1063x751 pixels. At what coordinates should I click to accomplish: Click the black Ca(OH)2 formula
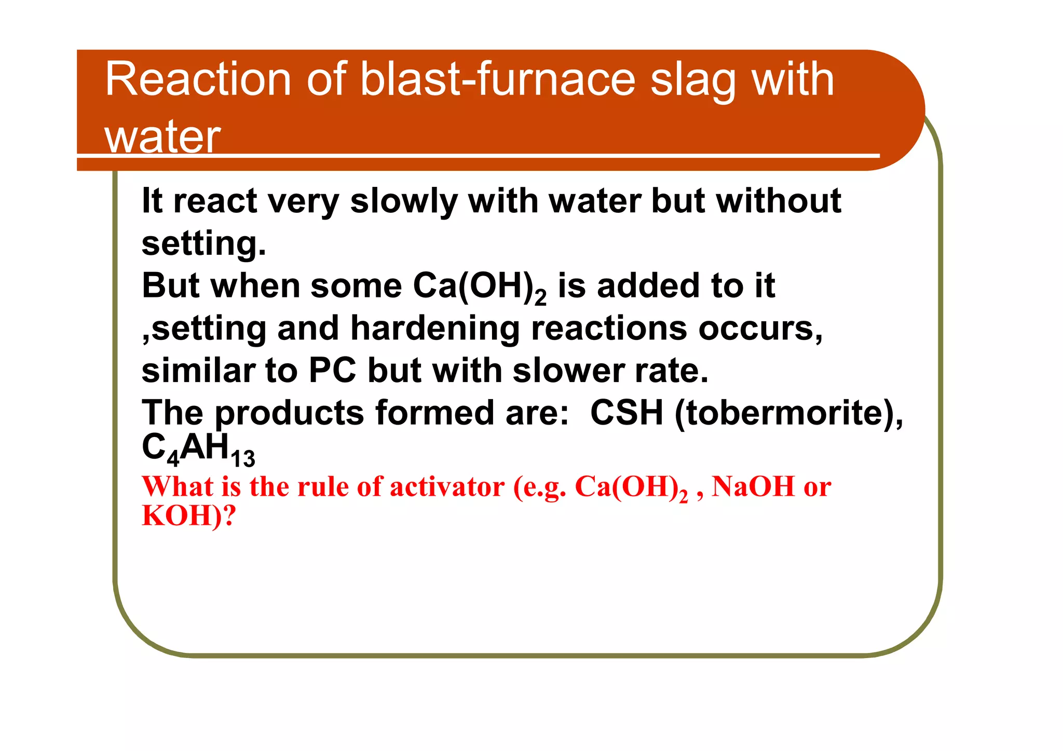[x=479, y=286]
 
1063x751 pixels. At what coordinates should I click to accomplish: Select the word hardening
[x=435, y=329]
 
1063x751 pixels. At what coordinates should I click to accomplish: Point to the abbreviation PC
[x=332, y=371]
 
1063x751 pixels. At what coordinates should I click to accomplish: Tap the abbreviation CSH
[x=626, y=413]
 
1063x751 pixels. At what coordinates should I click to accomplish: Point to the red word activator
[x=447, y=487]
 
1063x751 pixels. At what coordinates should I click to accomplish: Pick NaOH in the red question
[x=753, y=487]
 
